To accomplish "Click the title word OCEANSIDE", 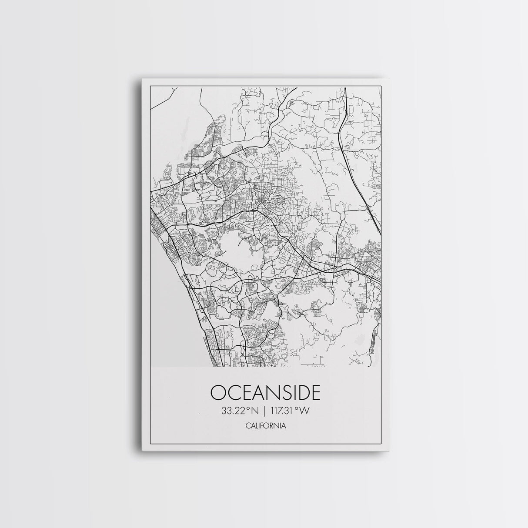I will pos(265,393).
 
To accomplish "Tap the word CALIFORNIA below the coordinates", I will pos(265,427).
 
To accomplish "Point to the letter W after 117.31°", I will pos(304,411).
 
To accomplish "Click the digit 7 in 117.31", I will pos(280,411).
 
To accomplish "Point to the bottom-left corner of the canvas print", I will pos(142,446).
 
